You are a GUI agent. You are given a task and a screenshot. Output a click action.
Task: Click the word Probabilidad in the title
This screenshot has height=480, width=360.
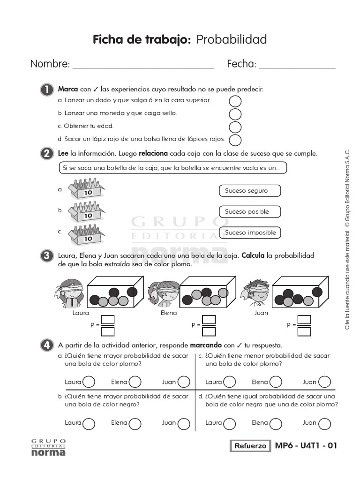point(231,40)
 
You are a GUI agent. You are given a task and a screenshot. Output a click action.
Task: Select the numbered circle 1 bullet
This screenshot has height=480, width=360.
point(47,90)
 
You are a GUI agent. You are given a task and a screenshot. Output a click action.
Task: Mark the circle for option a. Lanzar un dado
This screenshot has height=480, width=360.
point(235,101)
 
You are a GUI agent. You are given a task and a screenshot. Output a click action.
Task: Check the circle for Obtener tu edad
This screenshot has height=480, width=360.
point(235,127)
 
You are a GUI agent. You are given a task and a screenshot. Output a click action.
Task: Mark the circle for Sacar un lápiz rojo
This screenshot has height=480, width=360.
point(235,140)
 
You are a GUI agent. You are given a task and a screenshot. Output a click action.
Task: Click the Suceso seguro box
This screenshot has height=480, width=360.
point(249,191)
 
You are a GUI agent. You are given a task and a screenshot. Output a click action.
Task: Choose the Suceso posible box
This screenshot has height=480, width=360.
point(249,211)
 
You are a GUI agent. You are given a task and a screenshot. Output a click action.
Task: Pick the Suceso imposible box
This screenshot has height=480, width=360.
point(249,232)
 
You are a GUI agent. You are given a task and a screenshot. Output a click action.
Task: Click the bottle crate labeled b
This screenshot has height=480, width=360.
point(86,211)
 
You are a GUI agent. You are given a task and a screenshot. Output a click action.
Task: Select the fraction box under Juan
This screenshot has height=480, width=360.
point(304,325)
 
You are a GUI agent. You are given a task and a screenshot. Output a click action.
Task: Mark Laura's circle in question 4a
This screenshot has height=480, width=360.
point(89,382)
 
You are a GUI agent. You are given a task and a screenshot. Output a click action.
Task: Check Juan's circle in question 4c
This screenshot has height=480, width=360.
point(324,382)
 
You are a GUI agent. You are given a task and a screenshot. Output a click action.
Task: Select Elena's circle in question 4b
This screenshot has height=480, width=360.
point(135,423)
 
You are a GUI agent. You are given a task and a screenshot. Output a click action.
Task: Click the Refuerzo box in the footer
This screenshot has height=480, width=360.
point(250,446)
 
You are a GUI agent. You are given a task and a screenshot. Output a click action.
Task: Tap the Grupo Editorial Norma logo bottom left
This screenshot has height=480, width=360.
point(48,448)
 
